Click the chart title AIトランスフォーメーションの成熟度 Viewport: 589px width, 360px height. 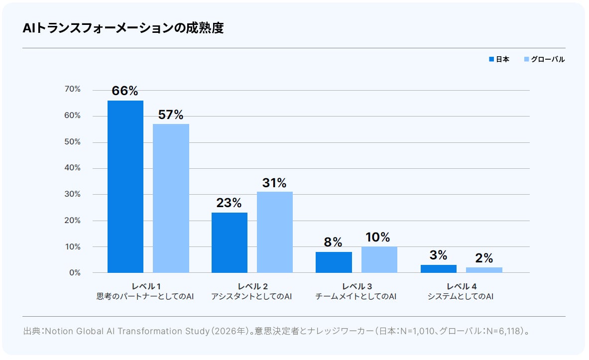pos(123,28)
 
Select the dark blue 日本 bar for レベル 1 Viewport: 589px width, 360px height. pos(125,186)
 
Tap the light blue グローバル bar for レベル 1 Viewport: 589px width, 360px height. pos(171,198)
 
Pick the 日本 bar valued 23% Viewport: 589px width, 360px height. pos(230,243)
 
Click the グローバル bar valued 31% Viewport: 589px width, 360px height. pos(275,232)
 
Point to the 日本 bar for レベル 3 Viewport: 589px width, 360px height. pos(334,262)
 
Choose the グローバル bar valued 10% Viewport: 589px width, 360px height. pos(379,259)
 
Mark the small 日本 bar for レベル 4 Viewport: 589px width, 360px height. pos(438,269)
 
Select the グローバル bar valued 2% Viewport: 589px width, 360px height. pos(484,270)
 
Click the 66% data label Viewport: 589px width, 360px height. pos(124,91)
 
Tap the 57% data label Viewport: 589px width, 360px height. pos(171,115)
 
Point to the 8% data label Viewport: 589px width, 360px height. pos(333,242)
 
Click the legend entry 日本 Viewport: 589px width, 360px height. pos(499,59)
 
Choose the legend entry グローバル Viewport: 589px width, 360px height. pos(544,59)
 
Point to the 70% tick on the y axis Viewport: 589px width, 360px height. pos(73,89)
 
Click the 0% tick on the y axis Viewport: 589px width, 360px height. pos(75,273)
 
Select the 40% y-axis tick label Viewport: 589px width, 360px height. pos(73,168)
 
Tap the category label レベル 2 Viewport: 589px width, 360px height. pos(252,287)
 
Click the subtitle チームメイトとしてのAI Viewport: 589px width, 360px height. pos(355,296)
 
